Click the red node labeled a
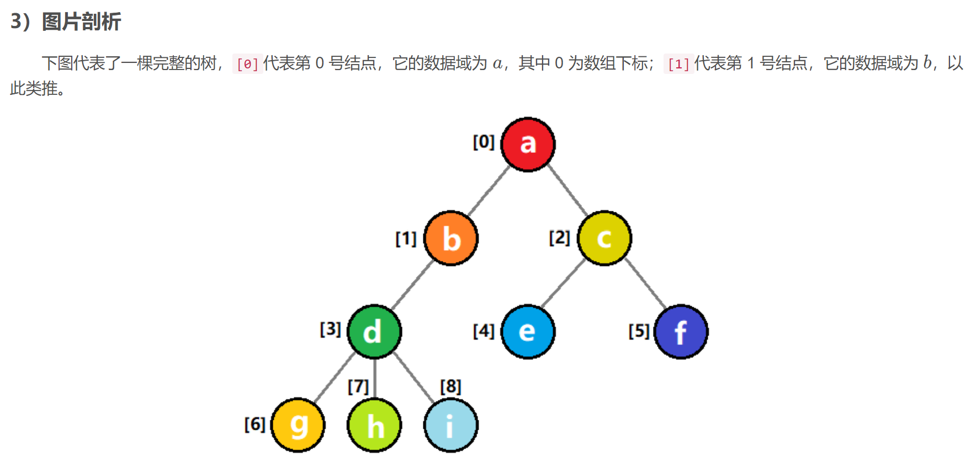tap(528, 145)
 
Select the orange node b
tap(451, 238)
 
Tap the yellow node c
tap(604, 238)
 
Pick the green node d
tap(374, 332)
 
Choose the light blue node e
tap(528, 332)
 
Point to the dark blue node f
tap(681, 332)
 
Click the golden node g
tap(298, 425)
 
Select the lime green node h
tap(374, 425)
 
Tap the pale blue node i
tap(450, 425)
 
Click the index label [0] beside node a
tap(484, 142)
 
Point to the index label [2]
tap(559, 238)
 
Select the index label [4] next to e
tap(484, 331)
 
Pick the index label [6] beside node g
tap(255, 424)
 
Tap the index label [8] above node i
tap(450, 386)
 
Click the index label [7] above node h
tap(358, 386)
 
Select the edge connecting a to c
tap(567, 190)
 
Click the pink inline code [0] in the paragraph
tap(247, 64)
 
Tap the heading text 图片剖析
tap(81, 22)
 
